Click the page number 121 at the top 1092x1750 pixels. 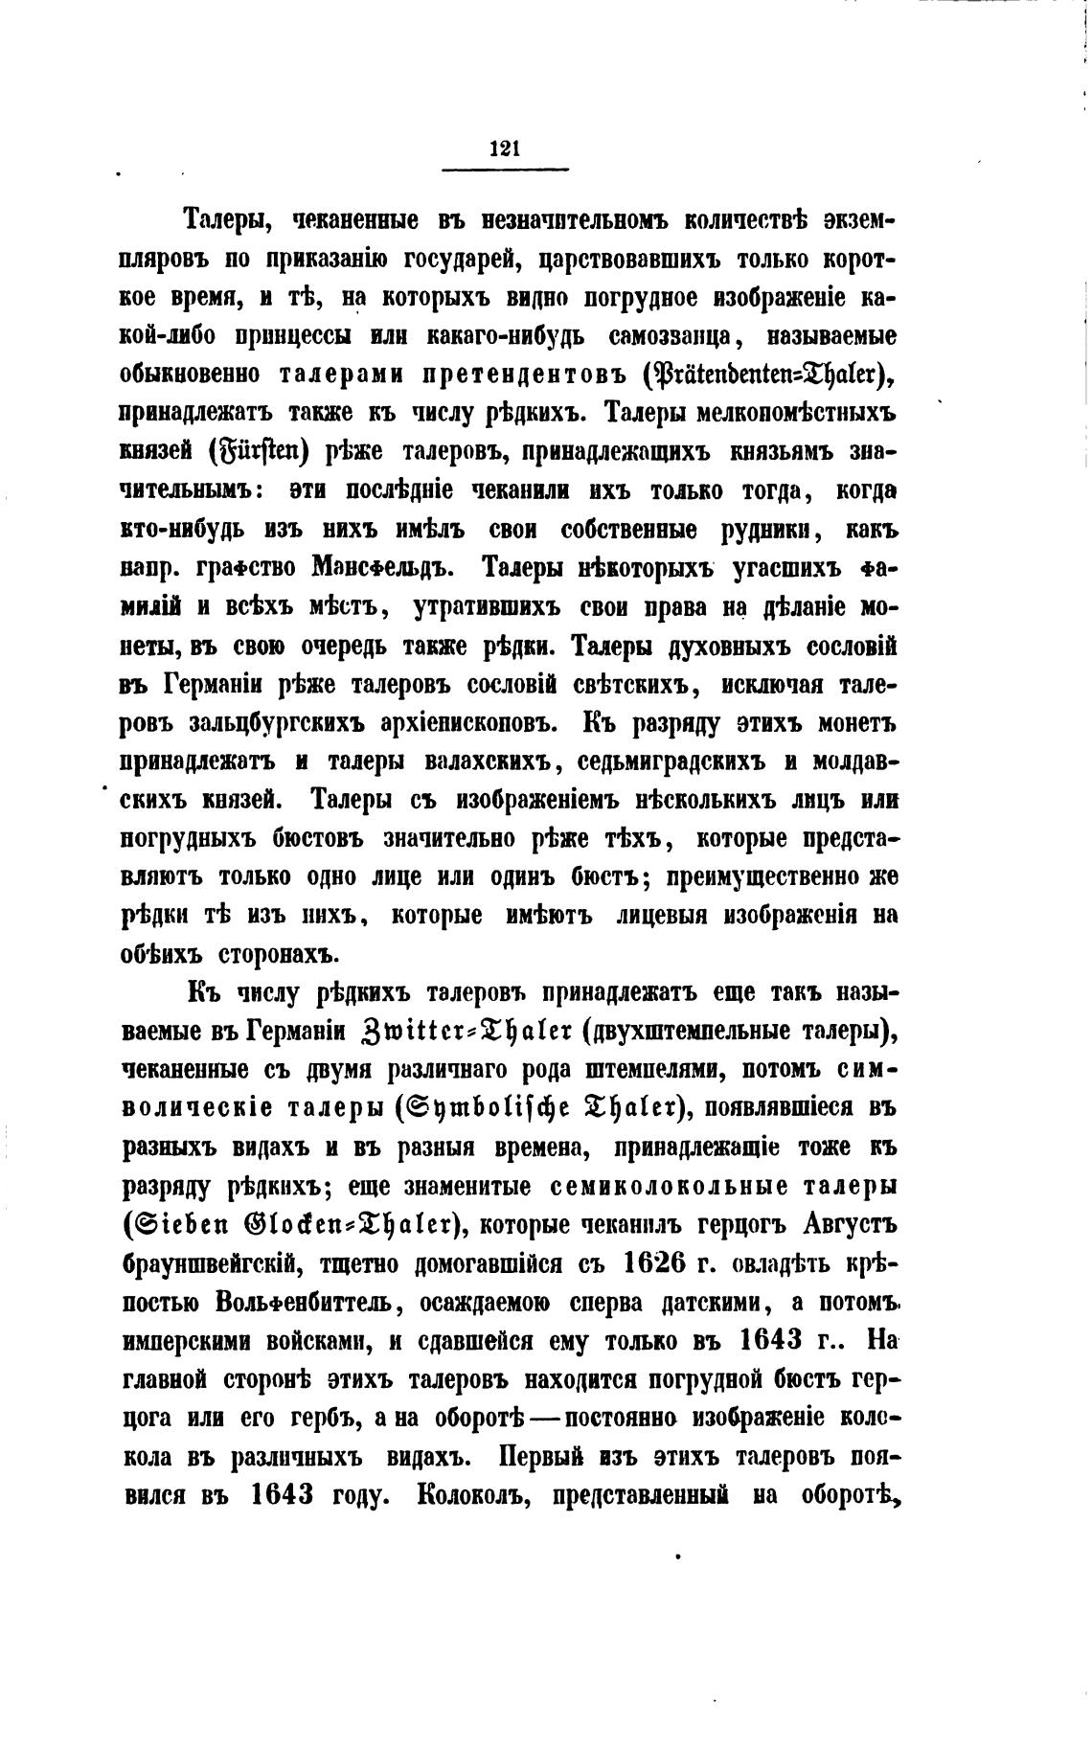504,147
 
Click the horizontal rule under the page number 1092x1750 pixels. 505,170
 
